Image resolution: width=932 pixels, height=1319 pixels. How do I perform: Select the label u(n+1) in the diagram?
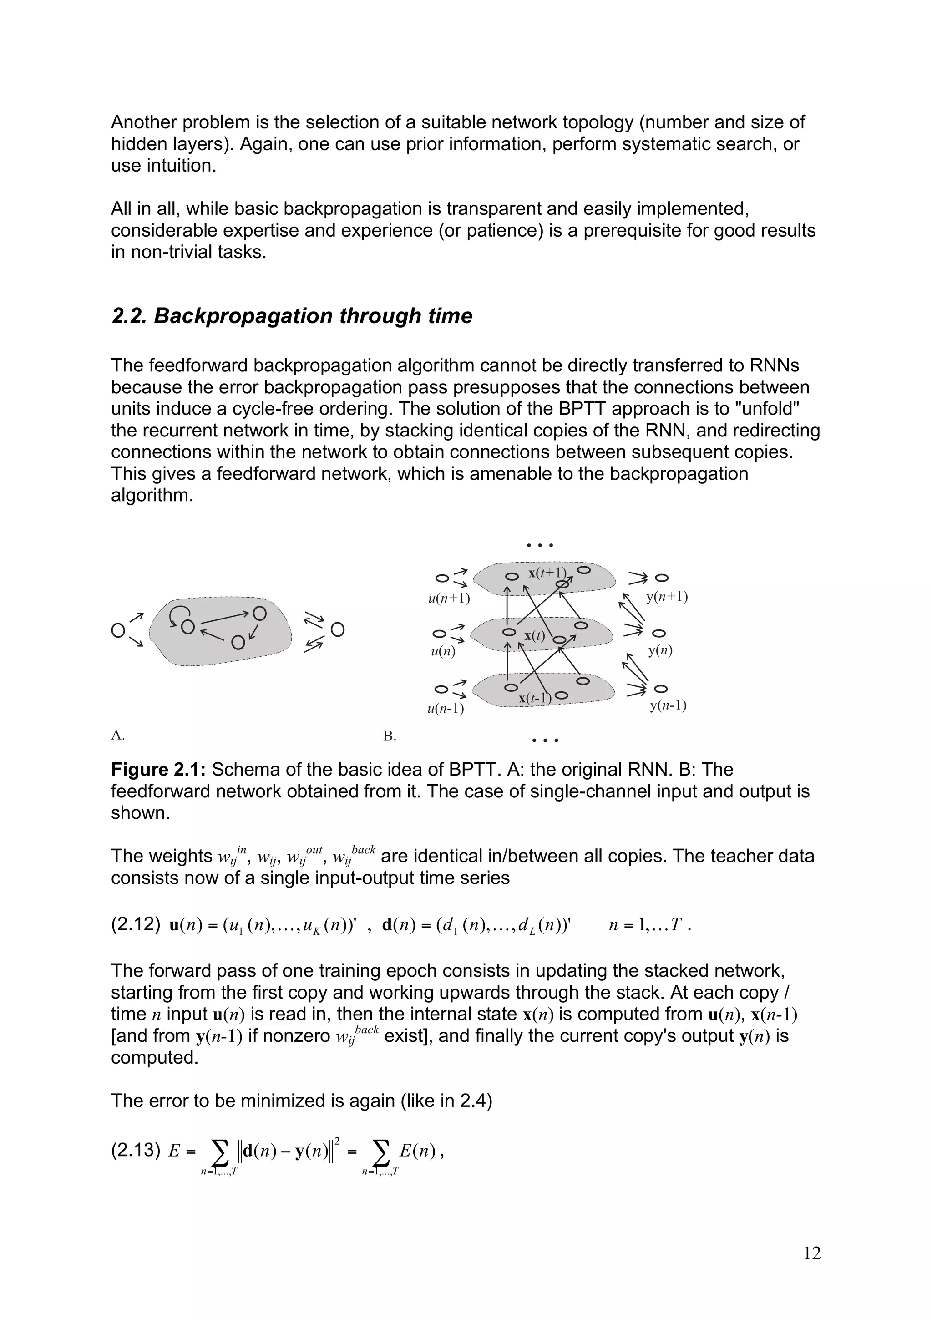pos(449,599)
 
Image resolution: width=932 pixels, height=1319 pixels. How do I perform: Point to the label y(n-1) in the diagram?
pos(668,705)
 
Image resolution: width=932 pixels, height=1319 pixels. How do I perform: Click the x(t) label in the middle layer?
pos(534,635)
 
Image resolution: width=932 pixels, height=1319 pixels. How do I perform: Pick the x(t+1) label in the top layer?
pos(547,573)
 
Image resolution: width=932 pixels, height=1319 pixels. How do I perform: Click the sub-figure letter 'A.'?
pos(118,735)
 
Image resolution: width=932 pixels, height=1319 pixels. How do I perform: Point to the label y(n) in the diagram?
pos(660,650)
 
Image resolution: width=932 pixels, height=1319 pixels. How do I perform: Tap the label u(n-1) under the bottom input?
pos(446,708)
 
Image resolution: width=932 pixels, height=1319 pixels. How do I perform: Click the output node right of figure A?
pos(338,630)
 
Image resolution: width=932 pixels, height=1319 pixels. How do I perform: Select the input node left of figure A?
pos(118,630)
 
